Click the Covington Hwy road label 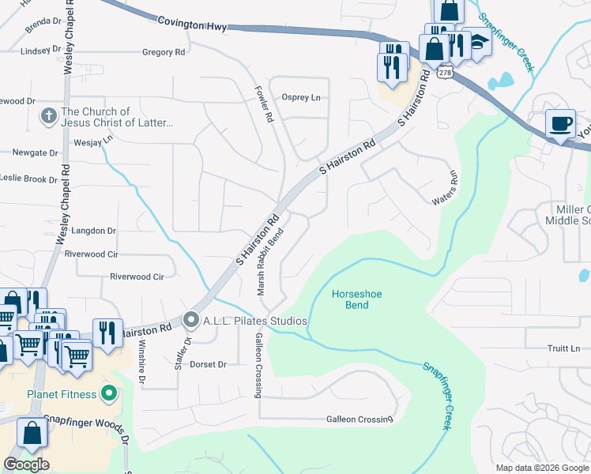click(x=192, y=25)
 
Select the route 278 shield click(x=446, y=72)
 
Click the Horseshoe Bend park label click(x=356, y=299)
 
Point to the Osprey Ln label click(x=301, y=97)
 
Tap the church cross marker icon click(x=48, y=117)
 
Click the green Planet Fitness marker click(x=111, y=393)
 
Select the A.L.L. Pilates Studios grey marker click(x=190, y=320)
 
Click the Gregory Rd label click(x=163, y=52)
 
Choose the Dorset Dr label click(x=209, y=365)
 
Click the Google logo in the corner click(x=26, y=465)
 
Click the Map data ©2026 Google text click(x=541, y=468)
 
